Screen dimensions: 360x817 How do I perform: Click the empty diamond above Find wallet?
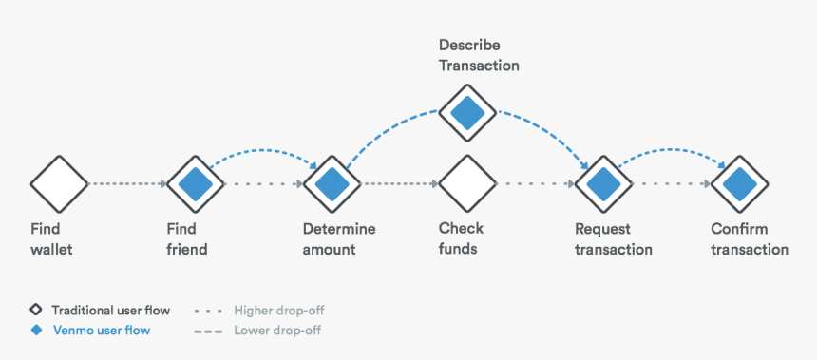[x=59, y=182]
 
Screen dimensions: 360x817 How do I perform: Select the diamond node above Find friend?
[x=195, y=182]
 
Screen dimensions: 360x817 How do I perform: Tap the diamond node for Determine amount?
[x=332, y=182]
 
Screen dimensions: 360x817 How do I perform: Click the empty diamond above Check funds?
[x=467, y=182]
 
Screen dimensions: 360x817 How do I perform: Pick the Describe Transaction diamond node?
[x=467, y=113]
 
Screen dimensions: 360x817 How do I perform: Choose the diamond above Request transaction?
[x=603, y=182]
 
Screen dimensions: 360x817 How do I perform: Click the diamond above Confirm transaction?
[x=740, y=182]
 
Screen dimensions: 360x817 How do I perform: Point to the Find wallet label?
[x=51, y=239]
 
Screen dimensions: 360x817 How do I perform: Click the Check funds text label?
[x=461, y=239]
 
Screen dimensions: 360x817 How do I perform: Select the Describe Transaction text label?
[x=479, y=56]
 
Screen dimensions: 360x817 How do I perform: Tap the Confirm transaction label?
[x=750, y=239]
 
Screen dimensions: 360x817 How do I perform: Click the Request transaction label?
[x=613, y=239]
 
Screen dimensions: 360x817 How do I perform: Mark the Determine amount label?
[x=339, y=239]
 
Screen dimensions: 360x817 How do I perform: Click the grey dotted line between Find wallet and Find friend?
[x=126, y=182]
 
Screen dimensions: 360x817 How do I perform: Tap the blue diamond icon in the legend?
[x=36, y=331]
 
